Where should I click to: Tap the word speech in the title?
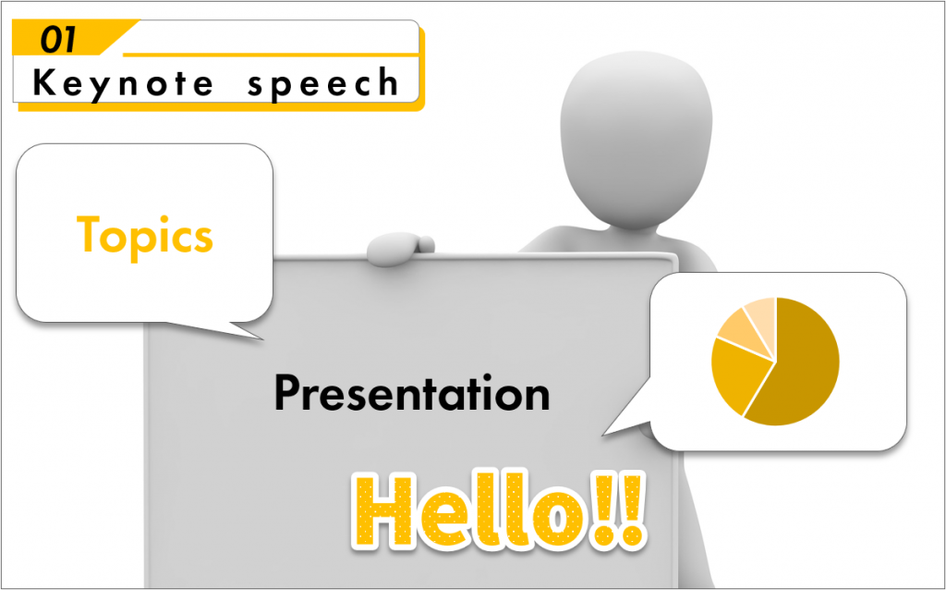(x=323, y=83)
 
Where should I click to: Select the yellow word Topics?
(x=145, y=238)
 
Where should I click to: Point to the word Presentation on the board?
(x=412, y=393)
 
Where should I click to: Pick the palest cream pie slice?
(x=762, y=317)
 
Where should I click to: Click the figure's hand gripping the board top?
(x=399, y=248)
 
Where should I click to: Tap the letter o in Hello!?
(x=558, y=518)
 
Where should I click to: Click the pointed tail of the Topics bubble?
(x=263, y=338)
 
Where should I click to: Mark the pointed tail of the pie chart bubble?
(x=603, y=435)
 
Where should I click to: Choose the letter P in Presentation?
(x=287, y=392)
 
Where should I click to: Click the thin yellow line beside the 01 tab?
(x=271, y=55)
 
